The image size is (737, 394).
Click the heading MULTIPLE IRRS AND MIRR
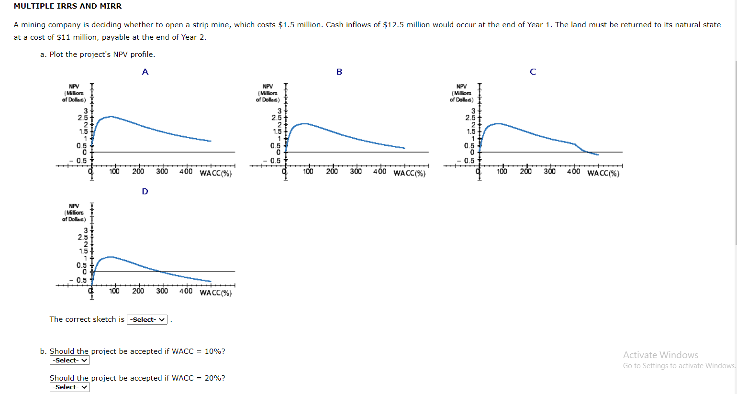(x=67, y=6)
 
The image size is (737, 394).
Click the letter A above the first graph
(x=145, y=72)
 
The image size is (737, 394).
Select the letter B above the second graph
(x=339, y=72)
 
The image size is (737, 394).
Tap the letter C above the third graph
(x=533, y=72)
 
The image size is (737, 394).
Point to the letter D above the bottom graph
(x=145, y=192)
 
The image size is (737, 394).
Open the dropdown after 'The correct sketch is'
(x=147, y=319)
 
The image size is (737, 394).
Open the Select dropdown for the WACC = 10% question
(x=69, y=361)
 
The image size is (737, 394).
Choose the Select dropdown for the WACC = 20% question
(x=69, y=387)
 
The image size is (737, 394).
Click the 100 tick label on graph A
(x=114, y=172)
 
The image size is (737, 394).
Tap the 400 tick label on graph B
(x=380, y=172)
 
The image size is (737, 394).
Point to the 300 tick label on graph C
(x=549, y=172)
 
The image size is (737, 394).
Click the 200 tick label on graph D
(x=138, y=291)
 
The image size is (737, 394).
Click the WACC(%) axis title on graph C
(x=603, y=174)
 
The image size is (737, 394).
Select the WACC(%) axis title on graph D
(x=215, y=293)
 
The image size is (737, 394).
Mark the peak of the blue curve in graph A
(x=111, y=116)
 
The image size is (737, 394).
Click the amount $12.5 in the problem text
(x=393, y=25)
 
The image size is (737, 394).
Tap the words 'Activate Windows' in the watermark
(x=660, y=355)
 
